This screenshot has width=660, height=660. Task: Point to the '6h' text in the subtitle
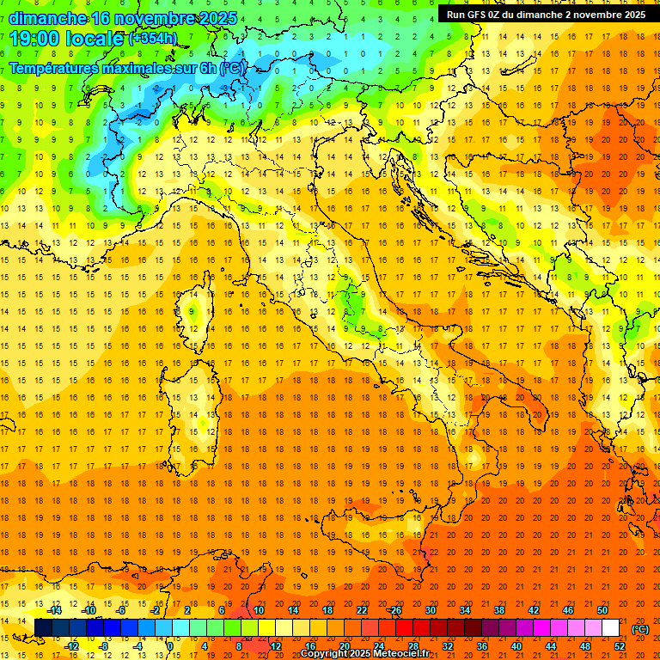[x=210, y=68]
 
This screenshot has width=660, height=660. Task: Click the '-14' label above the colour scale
[x=56, y=610]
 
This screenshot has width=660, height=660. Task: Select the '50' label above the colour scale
[x=602, y=610]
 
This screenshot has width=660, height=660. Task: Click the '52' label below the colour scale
[x=620, y=646]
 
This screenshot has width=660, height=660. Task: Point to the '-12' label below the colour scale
[x=73, y=646]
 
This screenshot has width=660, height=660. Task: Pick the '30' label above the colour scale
[x=431, y=610]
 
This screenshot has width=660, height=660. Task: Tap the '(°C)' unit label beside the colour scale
[x=640, y=629]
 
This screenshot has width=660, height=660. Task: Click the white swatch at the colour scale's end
[x=611, y=628]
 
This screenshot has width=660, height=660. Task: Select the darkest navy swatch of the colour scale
[x=43, y=628]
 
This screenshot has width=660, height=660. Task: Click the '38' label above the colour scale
[x=499, y=610]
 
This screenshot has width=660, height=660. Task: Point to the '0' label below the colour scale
[x=170, y=646]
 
